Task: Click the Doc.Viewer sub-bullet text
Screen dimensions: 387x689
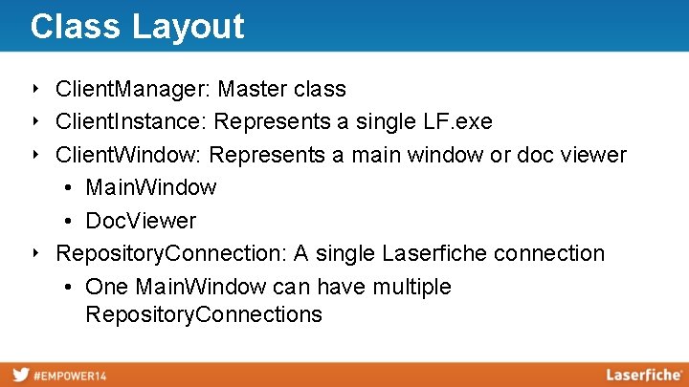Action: tap(141, 221)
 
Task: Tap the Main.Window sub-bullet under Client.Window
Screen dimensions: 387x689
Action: tap(150, 187)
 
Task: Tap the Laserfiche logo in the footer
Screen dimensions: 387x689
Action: tap(643, 375)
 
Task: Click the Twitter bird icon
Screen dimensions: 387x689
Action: tap(20, 375)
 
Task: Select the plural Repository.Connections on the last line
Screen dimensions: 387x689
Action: tap(203, 314)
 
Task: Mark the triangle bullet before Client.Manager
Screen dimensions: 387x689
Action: tap(35, 90)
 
